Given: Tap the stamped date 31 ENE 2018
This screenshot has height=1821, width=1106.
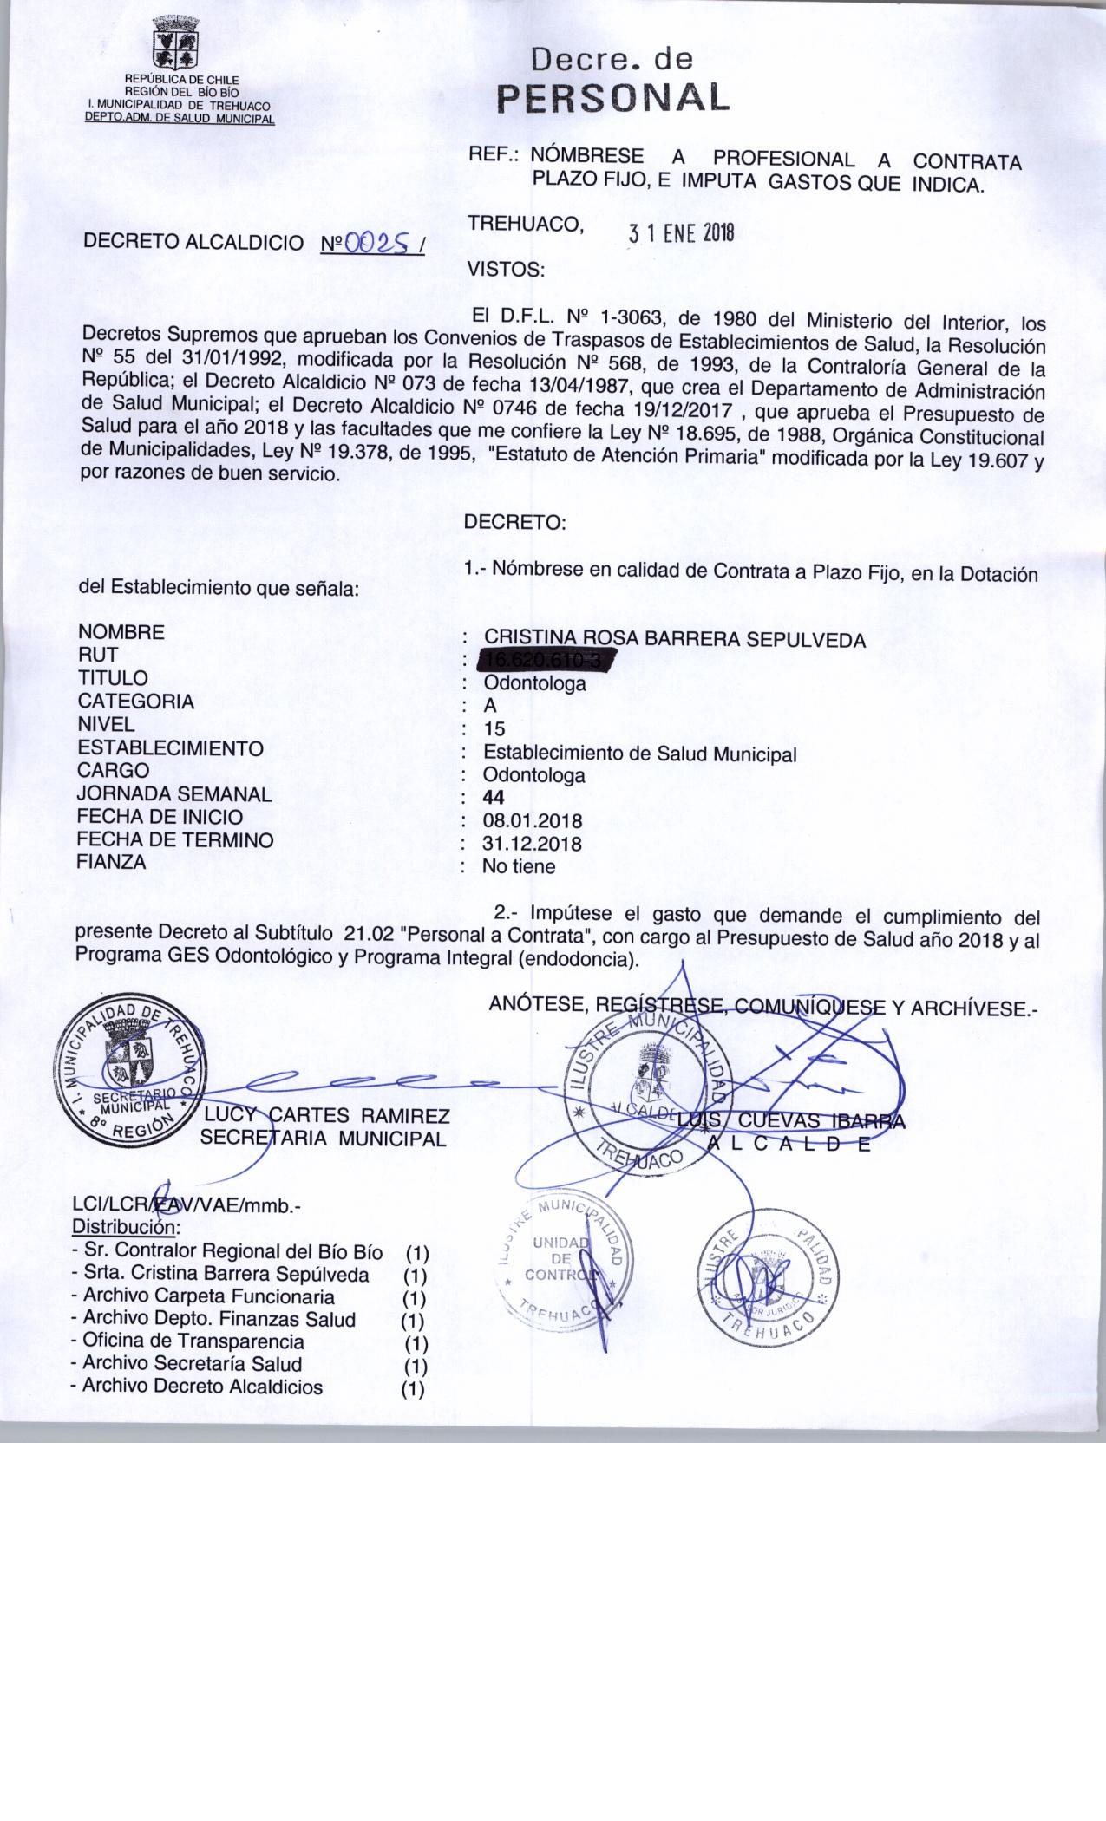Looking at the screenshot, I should coord(681,233).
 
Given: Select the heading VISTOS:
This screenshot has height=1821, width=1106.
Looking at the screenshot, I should coord(506,270).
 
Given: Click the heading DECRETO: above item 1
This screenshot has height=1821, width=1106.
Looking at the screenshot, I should coord(515,523).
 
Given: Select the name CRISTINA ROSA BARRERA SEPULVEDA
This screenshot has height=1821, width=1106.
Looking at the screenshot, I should coord(675,640).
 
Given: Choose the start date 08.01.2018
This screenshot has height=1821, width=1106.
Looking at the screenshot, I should coord(533,821).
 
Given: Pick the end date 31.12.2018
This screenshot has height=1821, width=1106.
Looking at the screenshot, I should coord(533,844).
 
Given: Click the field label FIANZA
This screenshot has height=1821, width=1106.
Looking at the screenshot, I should coord(111,863).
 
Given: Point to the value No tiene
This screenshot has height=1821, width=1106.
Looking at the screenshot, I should coord(519,866).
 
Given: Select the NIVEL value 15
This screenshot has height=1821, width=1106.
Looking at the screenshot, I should coord(494,729).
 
